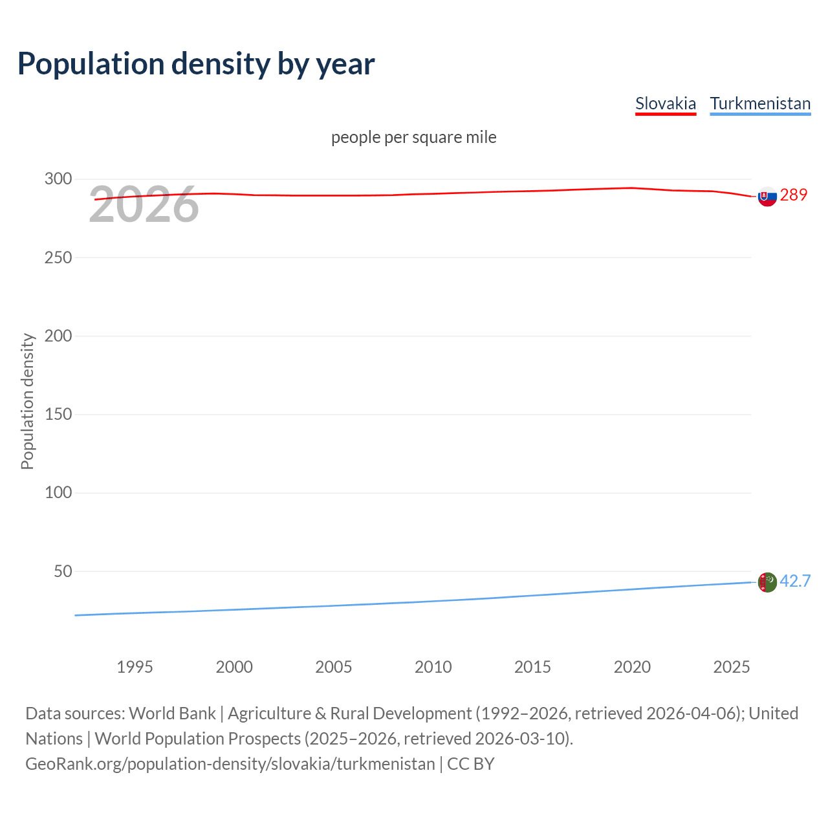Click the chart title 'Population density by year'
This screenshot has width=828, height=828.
click(x=196, y=63)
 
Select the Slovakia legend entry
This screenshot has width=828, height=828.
click(x=665, y=103)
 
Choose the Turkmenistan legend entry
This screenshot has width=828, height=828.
click(x=760, y=103)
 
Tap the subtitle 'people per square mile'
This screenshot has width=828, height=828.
click(x=413, y=137)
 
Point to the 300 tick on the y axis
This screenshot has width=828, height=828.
click(x=58, y=179)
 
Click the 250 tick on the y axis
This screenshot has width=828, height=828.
click(x=58, y=257)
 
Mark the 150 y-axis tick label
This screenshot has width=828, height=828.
click(x=58, y=414)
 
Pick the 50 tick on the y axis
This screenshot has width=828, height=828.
click(x=63, y=571)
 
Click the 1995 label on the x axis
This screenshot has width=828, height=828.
click(x=135, y=667)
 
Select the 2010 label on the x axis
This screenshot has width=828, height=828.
click(x=433, y=667)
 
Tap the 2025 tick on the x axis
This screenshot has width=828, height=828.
click(x=731, y=667)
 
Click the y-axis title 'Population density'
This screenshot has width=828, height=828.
click(x=27, y=401)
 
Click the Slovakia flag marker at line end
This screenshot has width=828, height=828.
click(x=767, y=196)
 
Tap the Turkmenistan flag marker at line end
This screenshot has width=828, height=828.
click(x=767, y=582)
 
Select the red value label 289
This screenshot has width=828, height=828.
click(x=794, y=195)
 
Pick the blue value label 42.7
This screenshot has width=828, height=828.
click(x=795, y=581)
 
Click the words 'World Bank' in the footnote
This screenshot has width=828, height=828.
click(x=172, y=713)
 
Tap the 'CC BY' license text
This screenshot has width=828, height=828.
click(x=470, y=763)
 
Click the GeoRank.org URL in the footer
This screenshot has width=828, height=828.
click(x=230, y=763)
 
